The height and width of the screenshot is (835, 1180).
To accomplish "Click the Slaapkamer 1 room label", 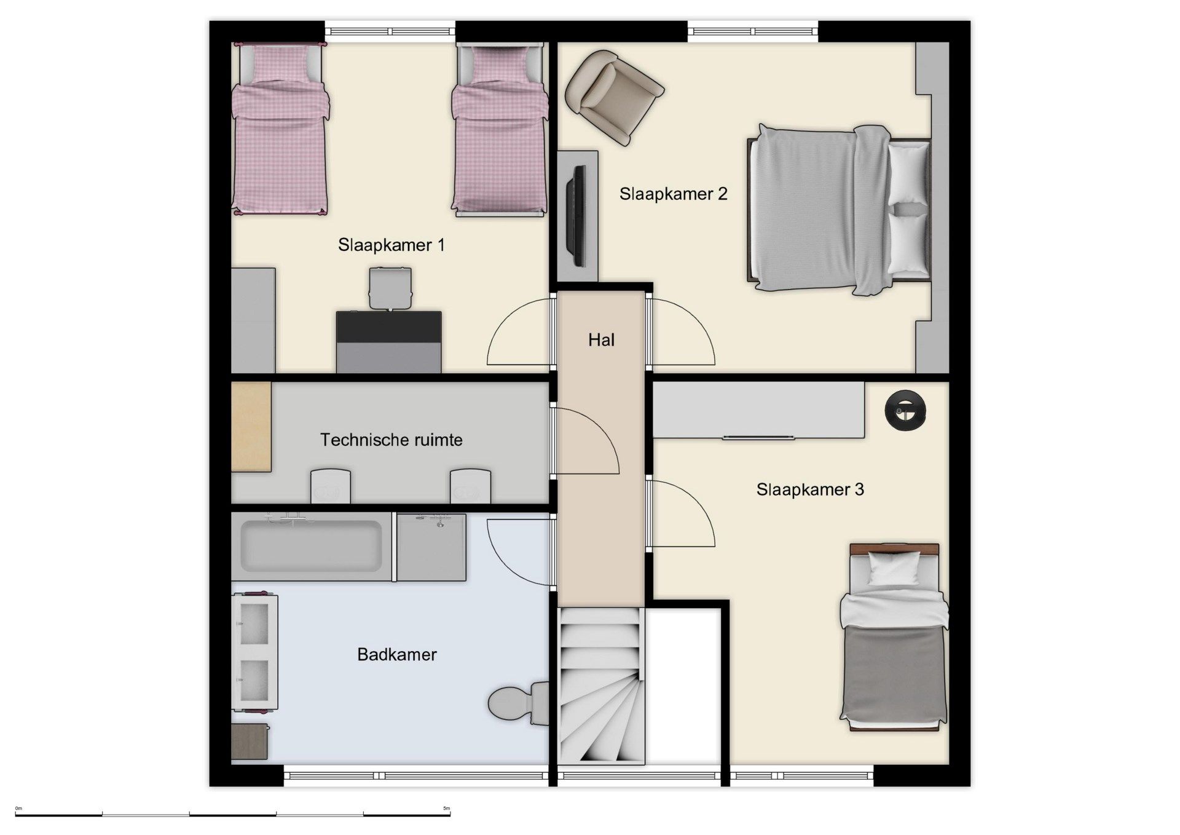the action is [391, 245].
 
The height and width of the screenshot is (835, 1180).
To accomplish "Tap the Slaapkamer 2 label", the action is [673, 194].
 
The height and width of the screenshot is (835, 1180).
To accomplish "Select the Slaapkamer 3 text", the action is [810, 489].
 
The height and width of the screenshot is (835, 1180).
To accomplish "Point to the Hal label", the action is [601, 340].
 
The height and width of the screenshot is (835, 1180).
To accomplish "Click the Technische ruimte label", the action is [391, 440].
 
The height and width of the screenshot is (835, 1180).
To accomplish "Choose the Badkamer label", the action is [397, 654].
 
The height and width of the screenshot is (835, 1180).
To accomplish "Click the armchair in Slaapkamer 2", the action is [615, 97].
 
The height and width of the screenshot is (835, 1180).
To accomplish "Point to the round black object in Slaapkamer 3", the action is [906, 410].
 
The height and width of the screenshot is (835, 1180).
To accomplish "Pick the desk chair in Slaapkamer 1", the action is [390, 287].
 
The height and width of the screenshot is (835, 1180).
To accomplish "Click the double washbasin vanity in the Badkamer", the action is [254, 652].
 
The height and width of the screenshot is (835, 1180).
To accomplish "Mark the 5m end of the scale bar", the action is [450, 814].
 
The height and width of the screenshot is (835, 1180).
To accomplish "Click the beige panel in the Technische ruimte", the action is [251, 427].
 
